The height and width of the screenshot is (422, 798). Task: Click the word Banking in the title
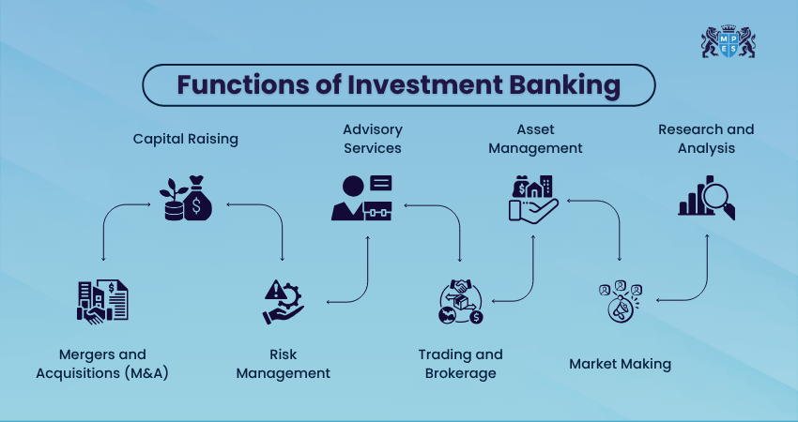[x=564, y=85]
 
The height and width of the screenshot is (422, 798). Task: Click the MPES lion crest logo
[x=728, y=41]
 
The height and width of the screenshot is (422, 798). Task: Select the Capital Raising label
[x=185, y=139]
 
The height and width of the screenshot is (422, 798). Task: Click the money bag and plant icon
[x=186, y=198]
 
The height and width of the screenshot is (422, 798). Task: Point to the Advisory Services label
[x=373, y=139]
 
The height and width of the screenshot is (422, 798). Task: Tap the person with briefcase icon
[x=361, y=198]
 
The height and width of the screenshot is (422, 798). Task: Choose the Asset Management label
[x=535, y=139]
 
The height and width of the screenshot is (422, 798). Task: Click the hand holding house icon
[x=533, y=198]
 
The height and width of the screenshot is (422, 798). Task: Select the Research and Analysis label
[x=706, y=139]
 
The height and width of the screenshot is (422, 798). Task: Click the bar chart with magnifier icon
[x=707, y=197]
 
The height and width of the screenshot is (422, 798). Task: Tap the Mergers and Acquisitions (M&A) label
[x=102, y=364]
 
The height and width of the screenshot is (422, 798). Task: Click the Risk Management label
[x=283, y=364]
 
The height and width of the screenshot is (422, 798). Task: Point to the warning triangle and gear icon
[x=283, y=302]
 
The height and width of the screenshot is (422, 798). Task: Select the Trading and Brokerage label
[x=461, y=364]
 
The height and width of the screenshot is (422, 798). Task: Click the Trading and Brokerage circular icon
[x=461, y=302]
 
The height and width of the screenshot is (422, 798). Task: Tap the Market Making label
[x=620, y=364]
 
